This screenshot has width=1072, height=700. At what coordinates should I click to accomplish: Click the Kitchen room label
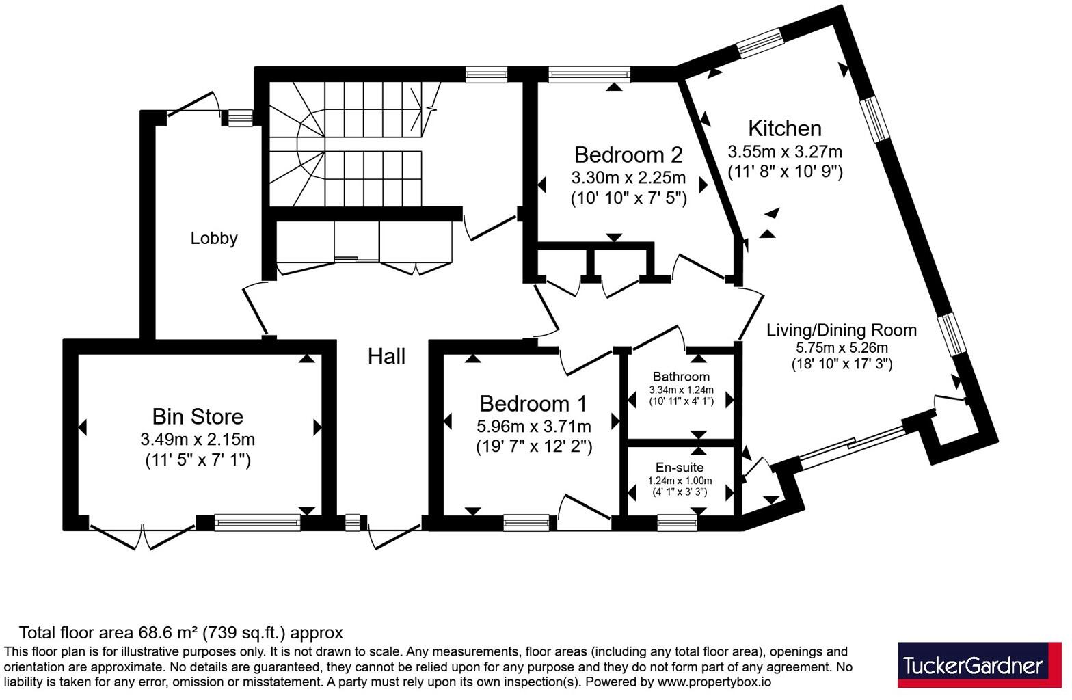(x=784, y=129)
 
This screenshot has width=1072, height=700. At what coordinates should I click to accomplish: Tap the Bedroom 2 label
(x=628, y=154)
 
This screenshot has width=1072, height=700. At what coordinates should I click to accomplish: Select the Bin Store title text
(x=198, y=416)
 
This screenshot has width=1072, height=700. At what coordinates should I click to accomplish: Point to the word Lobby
(x=214, y=239)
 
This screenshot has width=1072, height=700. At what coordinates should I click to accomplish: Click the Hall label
(x=386, y=356)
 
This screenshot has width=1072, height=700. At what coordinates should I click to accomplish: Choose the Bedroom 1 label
(x=533, y=403)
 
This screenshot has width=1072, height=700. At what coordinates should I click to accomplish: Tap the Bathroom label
(x=681, y=377)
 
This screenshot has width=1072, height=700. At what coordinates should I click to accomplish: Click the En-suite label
(x=680, y=468)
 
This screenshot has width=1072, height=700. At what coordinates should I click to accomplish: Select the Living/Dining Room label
(x=842, y=330)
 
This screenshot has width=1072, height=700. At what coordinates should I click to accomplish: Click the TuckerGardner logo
(x=979, y=665)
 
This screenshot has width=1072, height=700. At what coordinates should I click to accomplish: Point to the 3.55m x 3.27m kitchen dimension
(x=785, y=151)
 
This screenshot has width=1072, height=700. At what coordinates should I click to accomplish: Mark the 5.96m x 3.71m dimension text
(x=533, y=427)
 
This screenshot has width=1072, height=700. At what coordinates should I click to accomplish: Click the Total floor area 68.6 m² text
(x=180, y=633)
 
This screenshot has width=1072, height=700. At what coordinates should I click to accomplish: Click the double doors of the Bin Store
(x=143, y=537)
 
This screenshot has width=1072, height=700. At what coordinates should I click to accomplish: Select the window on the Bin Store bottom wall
(x=257, y=523)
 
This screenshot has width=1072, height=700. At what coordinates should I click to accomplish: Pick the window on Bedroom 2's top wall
(x=589, y=74)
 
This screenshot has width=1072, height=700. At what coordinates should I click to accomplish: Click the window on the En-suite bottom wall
(x=678, y=524)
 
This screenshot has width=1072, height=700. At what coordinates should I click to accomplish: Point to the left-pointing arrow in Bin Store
(x=83, y=428)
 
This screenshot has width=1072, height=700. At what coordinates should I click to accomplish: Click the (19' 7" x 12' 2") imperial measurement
(x=533, y=447)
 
